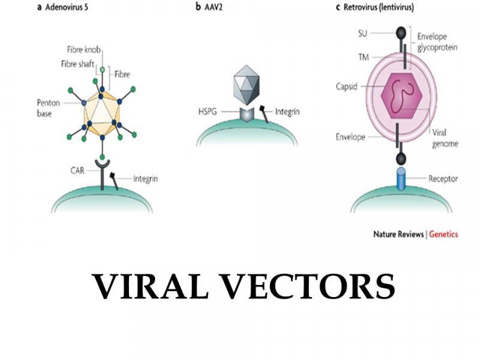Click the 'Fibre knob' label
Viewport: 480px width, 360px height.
point(84,50)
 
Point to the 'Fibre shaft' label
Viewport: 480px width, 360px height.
point(78,64)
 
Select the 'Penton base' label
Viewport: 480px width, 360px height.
point(49,108)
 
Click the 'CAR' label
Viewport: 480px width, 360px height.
point(77,170)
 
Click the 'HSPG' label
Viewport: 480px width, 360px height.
point(208,112)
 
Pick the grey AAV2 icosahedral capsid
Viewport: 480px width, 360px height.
point(247,85)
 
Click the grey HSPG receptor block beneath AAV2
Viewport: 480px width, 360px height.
point(247,115)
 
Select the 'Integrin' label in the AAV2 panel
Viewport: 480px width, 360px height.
point(287,112)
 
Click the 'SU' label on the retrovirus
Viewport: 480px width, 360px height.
point(362,33)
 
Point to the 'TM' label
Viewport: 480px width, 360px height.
point(364,57)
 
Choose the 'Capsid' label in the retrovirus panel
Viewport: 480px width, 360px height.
point(347,86)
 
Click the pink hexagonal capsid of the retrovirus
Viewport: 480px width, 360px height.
point(401,96)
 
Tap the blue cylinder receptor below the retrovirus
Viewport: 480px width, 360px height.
point(401,179)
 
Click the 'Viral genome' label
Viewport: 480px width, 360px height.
point(445,139)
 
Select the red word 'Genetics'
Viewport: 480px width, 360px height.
point(443,235)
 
